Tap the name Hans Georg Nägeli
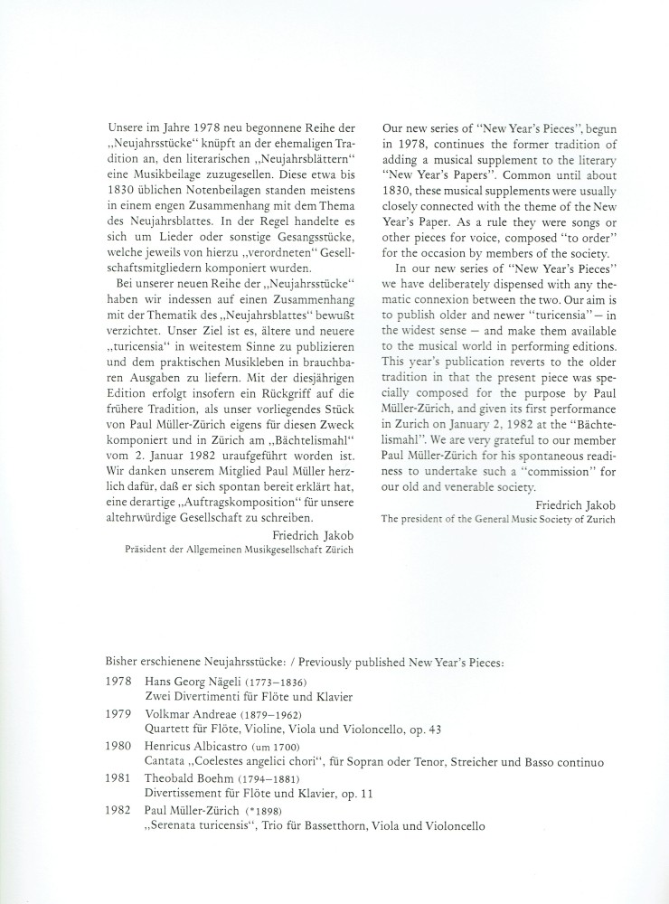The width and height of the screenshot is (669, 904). coord(190,681)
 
